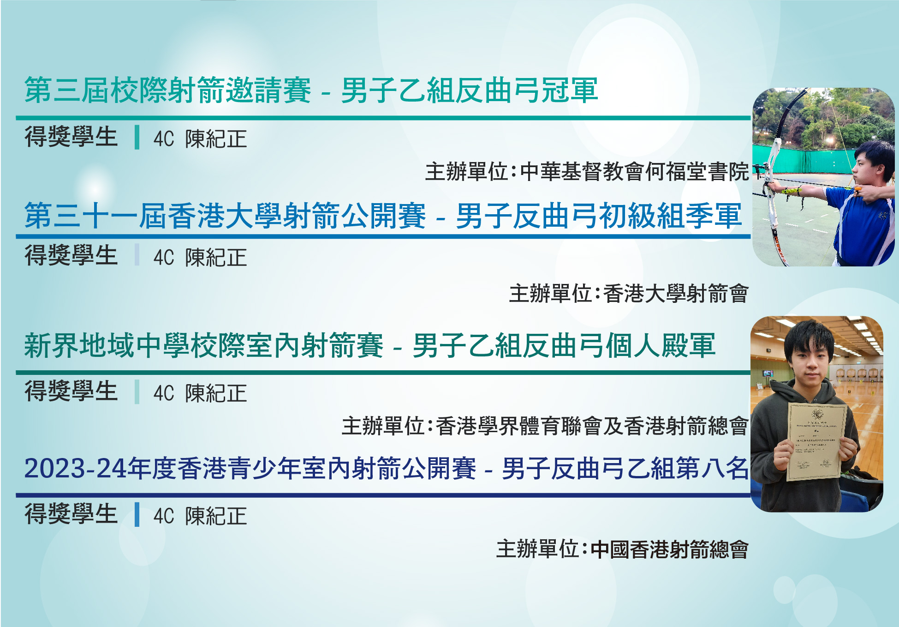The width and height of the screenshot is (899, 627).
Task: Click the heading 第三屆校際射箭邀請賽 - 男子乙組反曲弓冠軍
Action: [311, 90]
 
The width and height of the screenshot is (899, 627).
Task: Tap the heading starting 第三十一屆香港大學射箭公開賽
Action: [383, 216]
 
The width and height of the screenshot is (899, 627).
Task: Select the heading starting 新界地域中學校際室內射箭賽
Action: [370, 345]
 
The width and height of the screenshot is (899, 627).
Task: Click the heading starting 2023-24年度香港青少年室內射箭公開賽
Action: [387, 468]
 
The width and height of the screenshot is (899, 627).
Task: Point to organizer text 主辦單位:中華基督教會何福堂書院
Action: [587, 172]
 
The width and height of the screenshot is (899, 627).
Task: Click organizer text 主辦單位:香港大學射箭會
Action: [629, 294]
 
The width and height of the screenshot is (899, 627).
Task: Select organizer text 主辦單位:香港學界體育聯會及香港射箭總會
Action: [545, 426]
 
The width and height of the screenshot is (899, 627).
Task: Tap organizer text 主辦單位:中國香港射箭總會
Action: [623, 549]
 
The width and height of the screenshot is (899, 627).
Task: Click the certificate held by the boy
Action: [817, 441]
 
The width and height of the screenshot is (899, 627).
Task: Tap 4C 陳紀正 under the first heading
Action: [200, 139]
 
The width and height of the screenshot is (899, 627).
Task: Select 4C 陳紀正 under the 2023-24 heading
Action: [200, 516]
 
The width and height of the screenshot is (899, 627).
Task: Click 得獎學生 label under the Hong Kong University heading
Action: [71, 255]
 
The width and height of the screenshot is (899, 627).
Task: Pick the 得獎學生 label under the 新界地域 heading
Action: [71, 391]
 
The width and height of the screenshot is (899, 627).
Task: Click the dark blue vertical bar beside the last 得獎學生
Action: [137, 514]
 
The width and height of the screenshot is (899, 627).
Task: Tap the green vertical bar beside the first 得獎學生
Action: [137, 137]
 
